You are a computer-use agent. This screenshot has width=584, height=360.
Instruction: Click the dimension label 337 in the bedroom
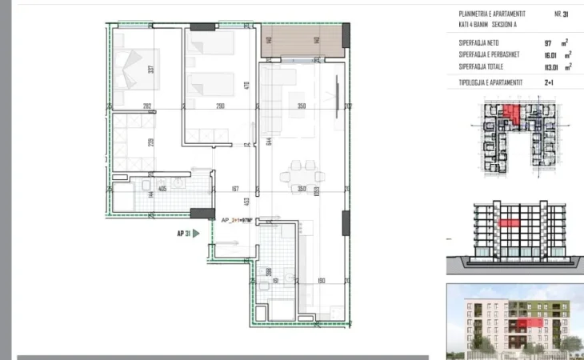tap(151, 69)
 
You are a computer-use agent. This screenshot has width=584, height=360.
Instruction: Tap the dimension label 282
tap(147, 106)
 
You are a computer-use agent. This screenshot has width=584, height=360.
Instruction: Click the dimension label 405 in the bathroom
tap(162, 189)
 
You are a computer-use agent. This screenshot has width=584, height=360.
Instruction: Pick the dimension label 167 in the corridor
tap(235, 190)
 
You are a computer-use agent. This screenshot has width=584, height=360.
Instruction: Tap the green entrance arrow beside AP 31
tap(197, 235)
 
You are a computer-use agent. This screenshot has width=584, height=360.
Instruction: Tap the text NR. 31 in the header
tap(561, 14)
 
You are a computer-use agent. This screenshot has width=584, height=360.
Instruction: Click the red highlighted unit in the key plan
tap(512, 118)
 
